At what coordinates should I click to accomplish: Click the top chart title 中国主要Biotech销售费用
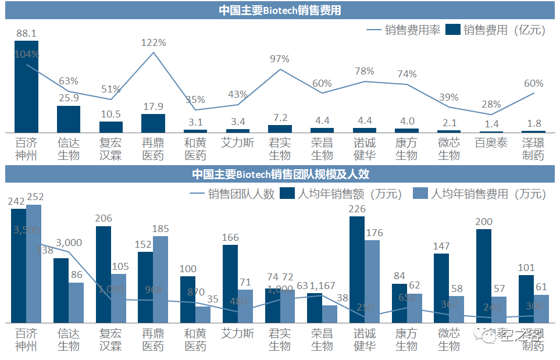point(279,10)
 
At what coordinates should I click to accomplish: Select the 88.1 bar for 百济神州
point(26,87)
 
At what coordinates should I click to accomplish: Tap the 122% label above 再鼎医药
point(154,42)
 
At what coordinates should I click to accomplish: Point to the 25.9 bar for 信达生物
point(69,119)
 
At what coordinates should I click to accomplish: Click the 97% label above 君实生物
point(280,59)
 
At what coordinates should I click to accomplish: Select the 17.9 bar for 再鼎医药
point(154,123)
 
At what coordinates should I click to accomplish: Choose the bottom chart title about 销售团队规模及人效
point(280,174)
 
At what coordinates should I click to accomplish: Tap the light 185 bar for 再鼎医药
point(160,279)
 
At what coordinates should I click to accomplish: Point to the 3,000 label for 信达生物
point(69,243)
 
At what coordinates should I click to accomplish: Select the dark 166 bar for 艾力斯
point(230,283)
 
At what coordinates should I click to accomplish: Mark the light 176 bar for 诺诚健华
point(372,281)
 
